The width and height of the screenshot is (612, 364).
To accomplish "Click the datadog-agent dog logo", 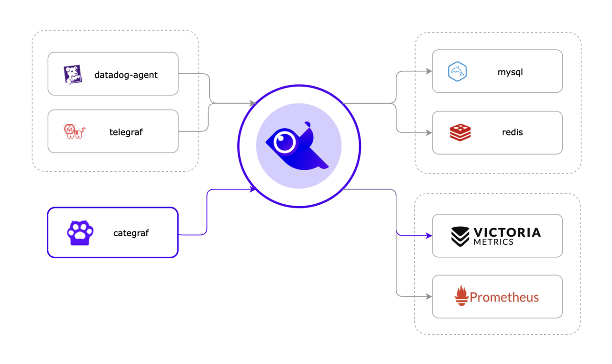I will click(x=73, y=75).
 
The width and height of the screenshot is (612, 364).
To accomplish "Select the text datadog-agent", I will click(x=126, y=75).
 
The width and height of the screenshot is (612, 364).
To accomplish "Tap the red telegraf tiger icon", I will click(x=74, y=132).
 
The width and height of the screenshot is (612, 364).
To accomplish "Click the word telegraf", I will click(x=126, y=132).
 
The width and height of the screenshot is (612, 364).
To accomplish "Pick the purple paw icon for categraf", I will click(x=80, y=233).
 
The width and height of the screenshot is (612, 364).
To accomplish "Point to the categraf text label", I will click(x=131, y=233).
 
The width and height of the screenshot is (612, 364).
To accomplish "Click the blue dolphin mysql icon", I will click(x=457, y=72).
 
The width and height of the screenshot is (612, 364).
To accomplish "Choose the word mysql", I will click(x=510, y=72).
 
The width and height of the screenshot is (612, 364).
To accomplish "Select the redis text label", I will click(x=512, y=132).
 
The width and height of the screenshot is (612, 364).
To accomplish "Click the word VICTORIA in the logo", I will click(x=507, y=232).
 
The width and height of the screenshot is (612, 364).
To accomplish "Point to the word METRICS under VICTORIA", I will click(x=493, y=242).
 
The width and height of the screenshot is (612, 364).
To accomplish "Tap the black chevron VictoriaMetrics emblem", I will click(x=460, y=236).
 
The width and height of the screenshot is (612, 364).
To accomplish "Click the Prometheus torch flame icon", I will click(x=461, y=296).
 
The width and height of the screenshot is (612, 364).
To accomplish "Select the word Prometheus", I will click(x=504, y=298).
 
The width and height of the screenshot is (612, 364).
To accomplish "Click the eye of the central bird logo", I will click(x=285, y=142).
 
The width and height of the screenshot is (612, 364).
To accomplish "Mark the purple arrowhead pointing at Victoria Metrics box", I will click(x=428, y=236).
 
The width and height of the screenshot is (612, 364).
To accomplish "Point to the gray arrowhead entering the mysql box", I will click(x=428, y=72).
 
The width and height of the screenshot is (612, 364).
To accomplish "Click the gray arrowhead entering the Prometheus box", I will click(x=428, y=297).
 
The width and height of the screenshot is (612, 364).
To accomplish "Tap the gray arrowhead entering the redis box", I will click(x=428, y=132).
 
